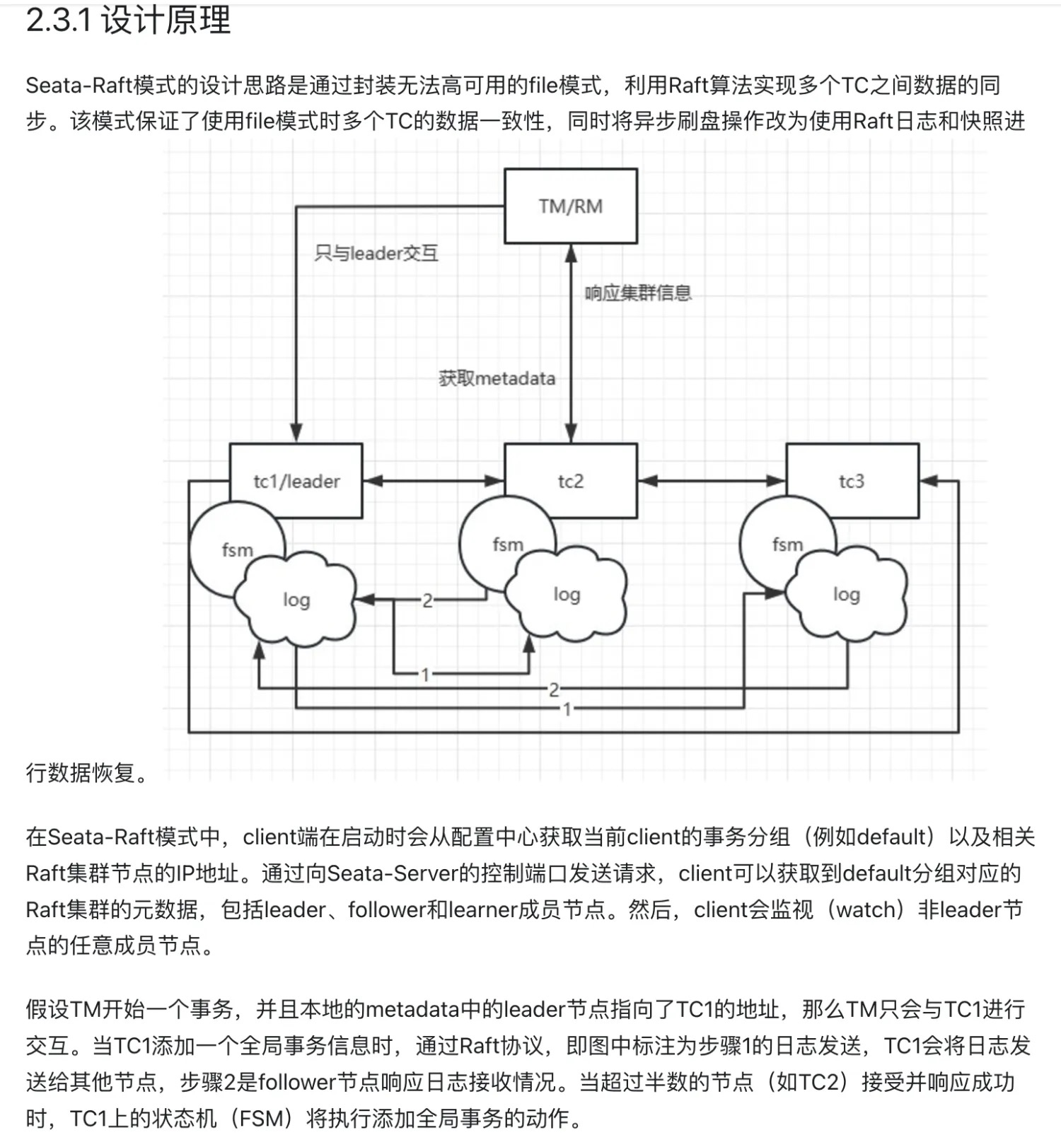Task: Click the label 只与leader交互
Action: click(x=376, y=252)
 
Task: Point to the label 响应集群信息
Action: click(x=638, y=293)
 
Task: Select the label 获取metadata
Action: click(x=497, y=378)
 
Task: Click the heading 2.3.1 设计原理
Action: click(x=128, y=20)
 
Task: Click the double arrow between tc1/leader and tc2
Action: click(x=434, y=481)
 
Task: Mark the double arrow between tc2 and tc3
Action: click(x=712, y=481)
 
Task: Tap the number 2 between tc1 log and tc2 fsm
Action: click(x=427, y=600)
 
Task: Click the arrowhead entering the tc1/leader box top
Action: click(x=296, y=433)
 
